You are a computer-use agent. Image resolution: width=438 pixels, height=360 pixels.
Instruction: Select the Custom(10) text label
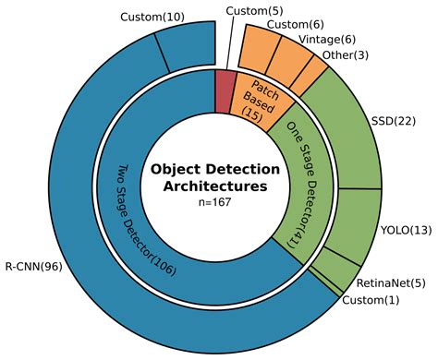pyautogui.click(x=152, y=17)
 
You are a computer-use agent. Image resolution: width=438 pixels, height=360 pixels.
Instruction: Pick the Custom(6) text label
pyautogui.click(x=294, y=24)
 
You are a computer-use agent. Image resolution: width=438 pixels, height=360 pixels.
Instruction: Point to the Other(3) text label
pyautogui.click(x=346, y=57)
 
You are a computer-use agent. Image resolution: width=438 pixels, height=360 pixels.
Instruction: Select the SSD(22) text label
pyautogui.click(x=394, y=121)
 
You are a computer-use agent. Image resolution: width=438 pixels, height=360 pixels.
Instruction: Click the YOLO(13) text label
pyautogui.click(x=406, y=229)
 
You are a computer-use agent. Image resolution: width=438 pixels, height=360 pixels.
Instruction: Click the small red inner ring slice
pyautogui.click(x=225, y=90)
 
